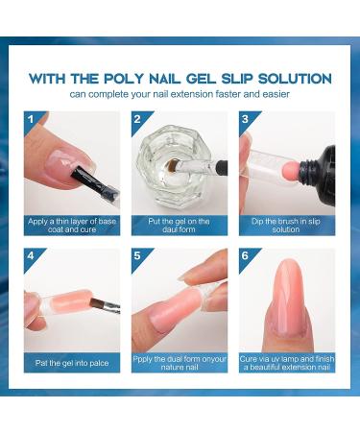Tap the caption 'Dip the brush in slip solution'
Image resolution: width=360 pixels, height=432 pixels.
pos(287,225)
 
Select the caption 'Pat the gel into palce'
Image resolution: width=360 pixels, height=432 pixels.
pos(72,363)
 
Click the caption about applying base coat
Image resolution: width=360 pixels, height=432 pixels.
pos(72,225)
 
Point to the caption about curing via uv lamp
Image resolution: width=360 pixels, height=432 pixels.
pos(287,363)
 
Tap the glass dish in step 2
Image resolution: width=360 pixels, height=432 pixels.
pos(178,173)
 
